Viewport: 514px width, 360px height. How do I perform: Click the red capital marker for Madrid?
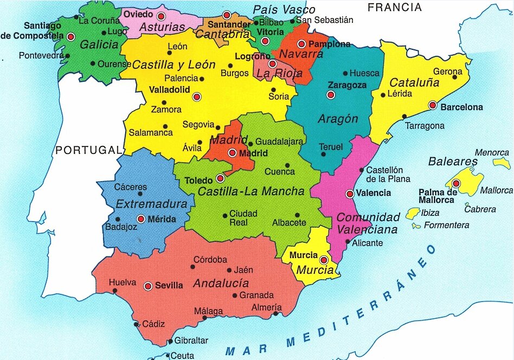coord(233,153)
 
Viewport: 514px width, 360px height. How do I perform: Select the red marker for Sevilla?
coord(148,286)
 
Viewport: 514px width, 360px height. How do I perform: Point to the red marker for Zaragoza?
coord(331,95)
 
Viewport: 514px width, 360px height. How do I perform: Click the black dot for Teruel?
coord(324,154)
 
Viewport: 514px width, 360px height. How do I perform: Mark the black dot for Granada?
coord(235,295)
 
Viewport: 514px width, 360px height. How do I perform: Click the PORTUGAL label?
coord(87,150)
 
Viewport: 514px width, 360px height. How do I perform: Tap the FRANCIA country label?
coord(394,7)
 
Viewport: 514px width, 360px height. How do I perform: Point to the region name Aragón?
coord(338,119)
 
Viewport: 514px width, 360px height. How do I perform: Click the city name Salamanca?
coord(151,133)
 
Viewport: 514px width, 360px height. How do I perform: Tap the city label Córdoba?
coord(210,260)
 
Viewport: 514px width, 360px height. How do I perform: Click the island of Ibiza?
coord(414,213)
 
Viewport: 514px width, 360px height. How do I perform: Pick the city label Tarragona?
coord(425,126)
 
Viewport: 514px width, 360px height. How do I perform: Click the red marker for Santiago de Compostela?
coord(70,37)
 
